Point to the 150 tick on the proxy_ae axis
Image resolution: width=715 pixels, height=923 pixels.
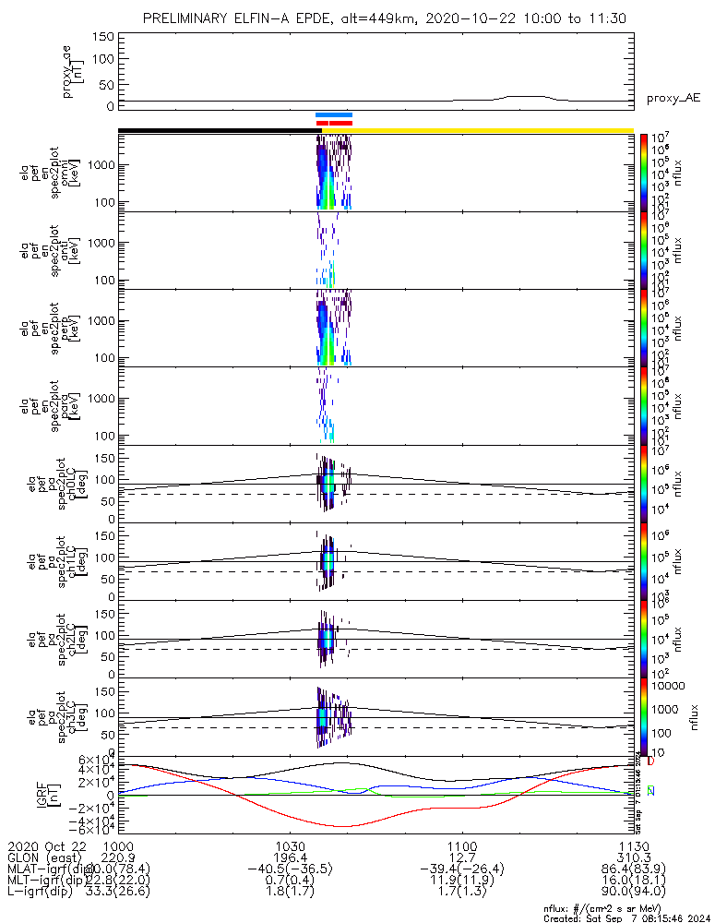click(104, 36)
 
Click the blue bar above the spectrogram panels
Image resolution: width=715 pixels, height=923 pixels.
click(333, 114)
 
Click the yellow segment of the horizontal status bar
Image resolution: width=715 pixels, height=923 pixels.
click(489, 130)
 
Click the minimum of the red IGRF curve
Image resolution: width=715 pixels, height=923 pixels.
click(343, 826)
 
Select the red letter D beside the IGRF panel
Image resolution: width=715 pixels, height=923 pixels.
click(650, 761)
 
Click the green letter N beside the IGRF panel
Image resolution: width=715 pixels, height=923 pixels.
click(650, 791)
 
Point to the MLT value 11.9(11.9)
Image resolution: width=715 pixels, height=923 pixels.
click(461, 882)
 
